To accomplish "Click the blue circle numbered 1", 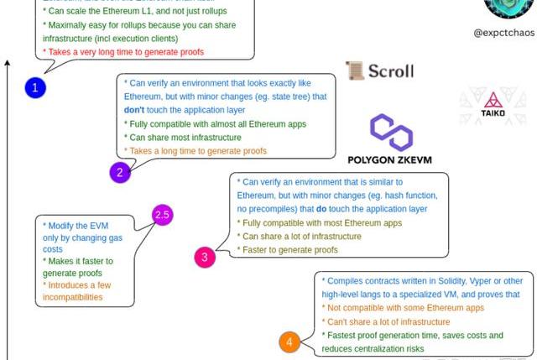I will (x=34, y=87).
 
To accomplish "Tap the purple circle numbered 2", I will (x=120, y=173).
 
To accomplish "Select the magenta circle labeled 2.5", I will (x=162, y=215).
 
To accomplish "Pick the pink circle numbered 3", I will (x=205, y=257).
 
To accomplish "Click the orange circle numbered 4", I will (x=289, y=342).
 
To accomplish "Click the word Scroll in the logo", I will (x=390, y=70).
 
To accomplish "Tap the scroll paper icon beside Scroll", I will (x=353, y=70).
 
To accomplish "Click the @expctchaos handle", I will (x=504, y=32).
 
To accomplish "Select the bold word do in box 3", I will (x=376, y=209).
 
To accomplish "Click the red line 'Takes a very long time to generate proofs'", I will (x=123, y=52).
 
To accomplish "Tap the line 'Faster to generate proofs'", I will (x=289, y=250).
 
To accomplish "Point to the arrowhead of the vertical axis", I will (x=8, y=63).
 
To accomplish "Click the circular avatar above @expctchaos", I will (x=508, y=7).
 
